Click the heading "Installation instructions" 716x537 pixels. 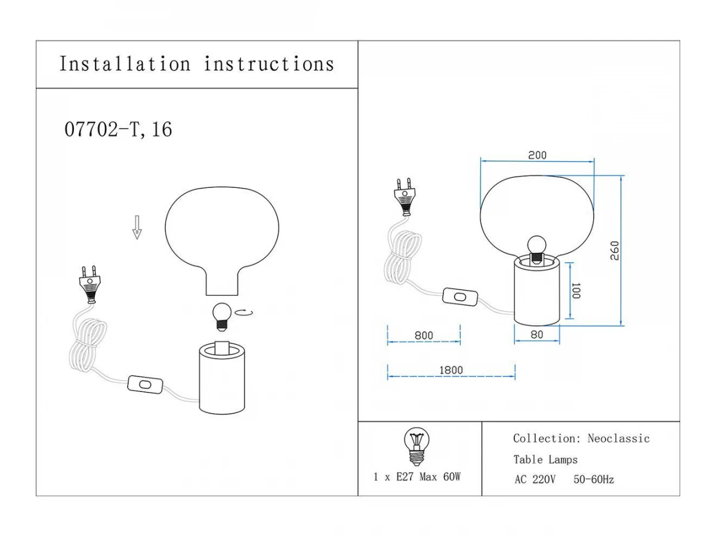point(196,64)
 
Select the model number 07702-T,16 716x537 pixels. point(118,129)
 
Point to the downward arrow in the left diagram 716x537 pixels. point(137,227)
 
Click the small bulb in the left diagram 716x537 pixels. point(222,316)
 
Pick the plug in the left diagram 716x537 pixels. point(89,285)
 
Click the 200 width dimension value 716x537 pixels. point(537,155)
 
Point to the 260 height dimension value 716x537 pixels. point(615,250)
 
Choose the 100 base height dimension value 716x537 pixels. point(575,291)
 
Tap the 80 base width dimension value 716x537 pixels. point(537,335)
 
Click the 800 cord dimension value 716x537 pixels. point(424,336)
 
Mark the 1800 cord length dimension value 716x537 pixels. point(451,370)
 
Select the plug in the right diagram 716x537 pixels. point(408,195)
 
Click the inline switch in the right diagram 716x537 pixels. point(460,297)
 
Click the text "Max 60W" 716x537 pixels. point(440,477)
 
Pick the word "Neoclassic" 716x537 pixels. point(618,439)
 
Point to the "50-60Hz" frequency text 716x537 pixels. point(594,479)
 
